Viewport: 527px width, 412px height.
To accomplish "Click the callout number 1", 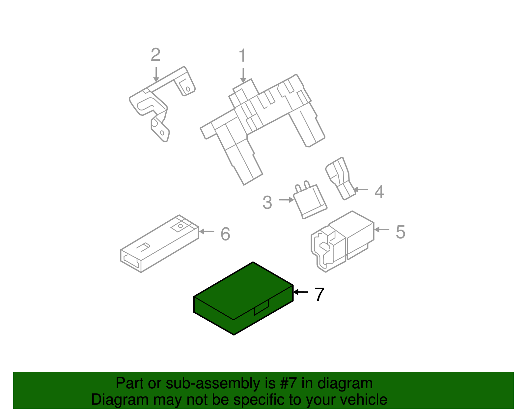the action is click(x=242, y=55).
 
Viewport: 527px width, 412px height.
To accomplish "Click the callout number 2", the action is click(x=156, y=55).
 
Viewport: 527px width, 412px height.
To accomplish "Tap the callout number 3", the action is click(x=267, y=202).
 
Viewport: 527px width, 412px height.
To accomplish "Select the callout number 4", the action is click(x=379, y=192).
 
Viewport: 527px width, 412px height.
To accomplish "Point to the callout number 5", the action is click(x=401, y=232).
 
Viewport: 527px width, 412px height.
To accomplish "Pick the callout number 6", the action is click(x=225, y=234).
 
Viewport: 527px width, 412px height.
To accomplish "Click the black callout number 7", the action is click(x=319, y=294).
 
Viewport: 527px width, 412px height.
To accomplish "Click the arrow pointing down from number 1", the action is click(x=243, y=76).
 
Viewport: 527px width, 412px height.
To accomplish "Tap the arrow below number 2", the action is click(x=156, y=75).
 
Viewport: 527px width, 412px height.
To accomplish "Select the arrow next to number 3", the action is click(x=287, y=200).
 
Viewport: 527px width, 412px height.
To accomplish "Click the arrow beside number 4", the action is click(x=361, y=189).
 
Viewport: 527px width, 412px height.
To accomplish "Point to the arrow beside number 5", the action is click(x=382, y=230).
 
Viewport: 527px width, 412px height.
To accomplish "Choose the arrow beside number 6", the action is click(x=207, y=231).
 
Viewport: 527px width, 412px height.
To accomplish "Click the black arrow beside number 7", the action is click(x=301, y=292).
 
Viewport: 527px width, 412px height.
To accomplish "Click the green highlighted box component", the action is click(x=243, y=299).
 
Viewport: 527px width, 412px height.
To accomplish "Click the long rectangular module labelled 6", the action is click(x=159, y=243).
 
